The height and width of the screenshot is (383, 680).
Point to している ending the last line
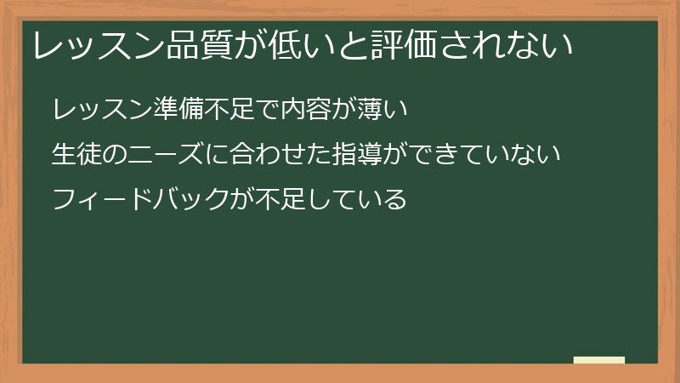[x=358, y=201]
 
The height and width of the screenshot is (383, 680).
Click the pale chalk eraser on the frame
[x=598, y=360]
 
